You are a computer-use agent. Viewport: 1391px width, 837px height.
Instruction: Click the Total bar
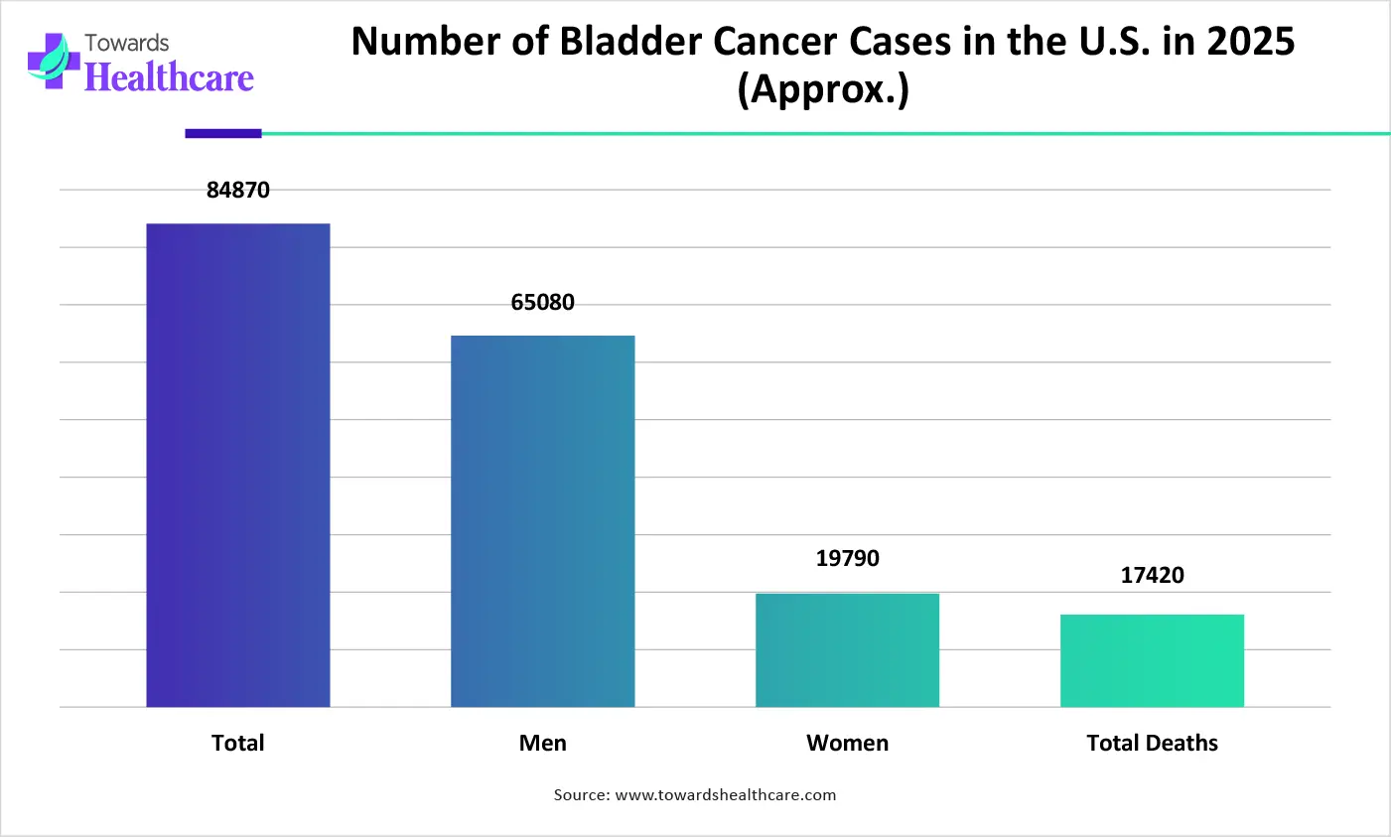pyautogui.click(x=238, y=465)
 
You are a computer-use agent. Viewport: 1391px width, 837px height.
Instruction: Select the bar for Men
pyautogui.click(x=543, y=521)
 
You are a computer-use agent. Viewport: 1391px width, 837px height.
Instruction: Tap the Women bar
pyautogui.click(x=847, y=650)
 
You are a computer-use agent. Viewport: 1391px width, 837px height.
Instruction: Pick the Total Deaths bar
pyautogui.click(x=1152, y=660)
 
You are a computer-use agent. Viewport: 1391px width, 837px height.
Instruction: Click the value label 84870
pyautogui.click(x=238, y=190)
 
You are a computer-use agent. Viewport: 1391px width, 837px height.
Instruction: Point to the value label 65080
pyautogui.click(x=543, y=303)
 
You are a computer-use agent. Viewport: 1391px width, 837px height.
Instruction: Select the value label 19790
pyautogui.click(x=847, y=558)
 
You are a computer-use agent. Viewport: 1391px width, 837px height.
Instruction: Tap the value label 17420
pyautogui.click(x=1152, y=575)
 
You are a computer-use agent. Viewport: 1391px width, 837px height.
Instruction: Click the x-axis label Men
pyautogui.click(x=543, y=743)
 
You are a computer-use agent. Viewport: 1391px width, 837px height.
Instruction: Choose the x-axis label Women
pyautogui.click(x=847, y=743)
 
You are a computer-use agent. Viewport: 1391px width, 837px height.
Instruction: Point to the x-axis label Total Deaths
pyautogui.click(x=1152, y=743)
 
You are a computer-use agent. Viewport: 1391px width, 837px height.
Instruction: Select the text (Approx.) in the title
pyautogui.click(x=823, y=89)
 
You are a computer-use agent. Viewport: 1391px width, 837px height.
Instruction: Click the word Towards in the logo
pyautogui.click(x=127, y=43)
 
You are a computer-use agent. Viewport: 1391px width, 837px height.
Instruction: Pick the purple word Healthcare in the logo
pyautogui.click(x=169, y=77)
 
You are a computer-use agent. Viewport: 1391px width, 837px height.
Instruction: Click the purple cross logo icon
pyautogui.click(x=54, y=61)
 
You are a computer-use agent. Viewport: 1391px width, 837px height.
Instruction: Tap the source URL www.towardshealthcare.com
pyautogui.click(x=726, y=794)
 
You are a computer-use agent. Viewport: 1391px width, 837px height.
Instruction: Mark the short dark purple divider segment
pyautogui.click(x=223, y=133)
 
